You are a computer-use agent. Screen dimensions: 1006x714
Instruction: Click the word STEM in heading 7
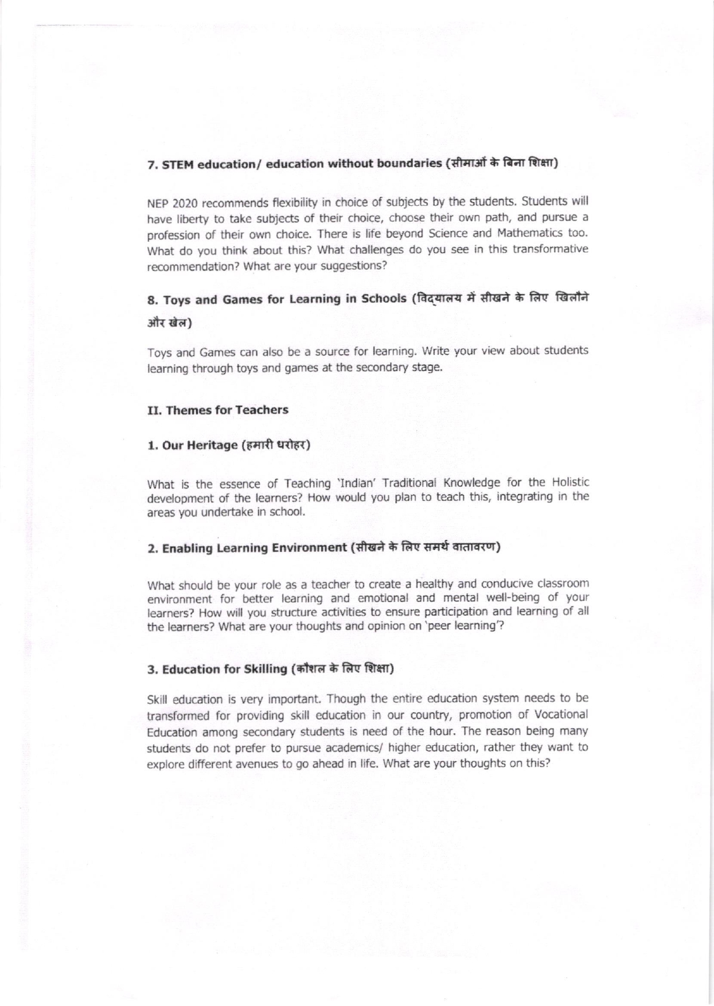tap(175, 165)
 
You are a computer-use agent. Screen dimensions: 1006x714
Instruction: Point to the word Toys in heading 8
tap(175, 300)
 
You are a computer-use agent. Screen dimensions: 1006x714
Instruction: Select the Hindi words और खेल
tap(169, 323)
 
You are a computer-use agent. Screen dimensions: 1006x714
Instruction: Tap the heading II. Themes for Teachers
tap(218, 410)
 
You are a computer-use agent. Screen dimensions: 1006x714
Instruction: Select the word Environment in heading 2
tap(309, 548)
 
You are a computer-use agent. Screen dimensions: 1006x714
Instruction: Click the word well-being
tap(517, 598)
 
